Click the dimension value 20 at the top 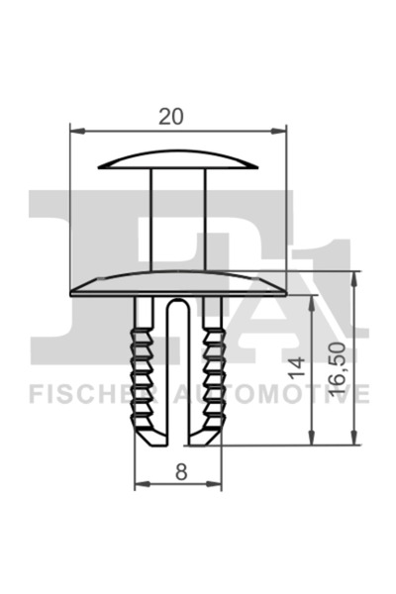click(171, 116)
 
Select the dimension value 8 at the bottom click(180, 472)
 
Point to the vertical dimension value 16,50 click(337, 369)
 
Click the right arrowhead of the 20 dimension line click(280, 129)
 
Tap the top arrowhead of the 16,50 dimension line click(353, 274)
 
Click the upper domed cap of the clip click(179, 159)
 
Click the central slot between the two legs click(179, 376)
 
